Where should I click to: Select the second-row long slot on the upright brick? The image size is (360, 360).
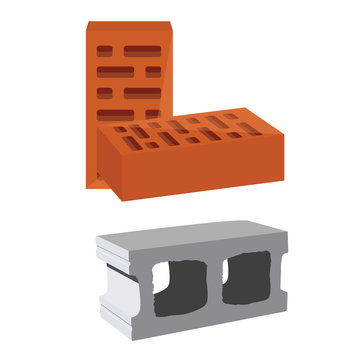click(x=118, y=71)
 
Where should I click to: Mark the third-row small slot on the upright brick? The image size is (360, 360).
click(x=103, y=92)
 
